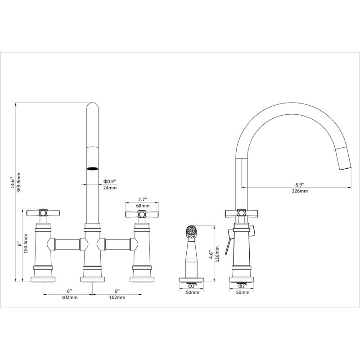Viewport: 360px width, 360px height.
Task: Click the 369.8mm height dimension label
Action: click(x=18, y=183)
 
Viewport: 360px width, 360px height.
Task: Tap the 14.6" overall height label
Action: click(x=13, y=183)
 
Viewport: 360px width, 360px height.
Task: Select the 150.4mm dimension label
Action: click(x=26, y=243)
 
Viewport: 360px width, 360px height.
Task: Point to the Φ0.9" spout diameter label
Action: click(x=110, y=182)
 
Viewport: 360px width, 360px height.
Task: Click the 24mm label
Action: click(x=110, y=188)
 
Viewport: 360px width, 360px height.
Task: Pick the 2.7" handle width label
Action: click(x=143, y=199)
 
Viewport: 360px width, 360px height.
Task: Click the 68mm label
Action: click(x=142, y=206)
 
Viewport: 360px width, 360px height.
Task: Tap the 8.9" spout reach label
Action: click(x=300, y=184)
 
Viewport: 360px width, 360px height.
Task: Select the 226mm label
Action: click(x=300, y=191)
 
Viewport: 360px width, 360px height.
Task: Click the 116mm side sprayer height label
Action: click(x=217, y=254)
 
